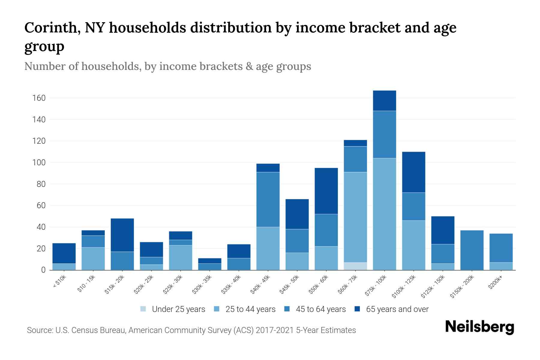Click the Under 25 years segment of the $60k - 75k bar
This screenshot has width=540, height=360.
355,266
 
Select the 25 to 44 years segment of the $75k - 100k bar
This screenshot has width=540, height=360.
384,214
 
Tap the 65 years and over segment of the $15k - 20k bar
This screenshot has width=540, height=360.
122,235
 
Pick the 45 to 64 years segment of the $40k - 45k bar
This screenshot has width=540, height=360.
268,199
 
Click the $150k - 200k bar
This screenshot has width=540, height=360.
472,250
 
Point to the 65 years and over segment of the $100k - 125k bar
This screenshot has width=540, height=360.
413,172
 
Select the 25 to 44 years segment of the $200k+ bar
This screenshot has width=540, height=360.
501,266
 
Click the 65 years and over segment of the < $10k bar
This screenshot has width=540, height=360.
64,253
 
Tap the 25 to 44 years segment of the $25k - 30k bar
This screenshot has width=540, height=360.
181,257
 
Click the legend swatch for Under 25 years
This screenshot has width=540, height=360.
143,309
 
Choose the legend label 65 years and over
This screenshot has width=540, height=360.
397,309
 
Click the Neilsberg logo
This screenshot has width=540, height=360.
479,327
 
